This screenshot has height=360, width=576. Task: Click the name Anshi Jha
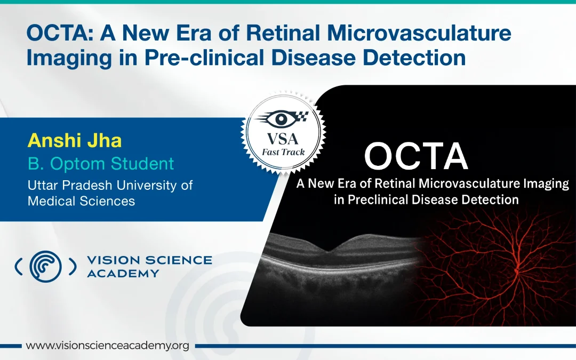[x=75, y=141]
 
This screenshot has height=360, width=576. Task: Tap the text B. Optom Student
[x=101, y=164]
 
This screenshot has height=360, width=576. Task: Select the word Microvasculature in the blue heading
[x=419, y=33]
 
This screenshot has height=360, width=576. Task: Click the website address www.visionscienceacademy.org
[x=107, y=346]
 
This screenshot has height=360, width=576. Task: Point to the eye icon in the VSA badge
[x=282, y=118]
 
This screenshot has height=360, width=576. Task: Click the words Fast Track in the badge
[x=283, y=152]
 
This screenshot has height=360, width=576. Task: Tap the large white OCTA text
[x=416, y=156]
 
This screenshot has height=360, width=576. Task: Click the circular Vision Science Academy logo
[x=45, y=267]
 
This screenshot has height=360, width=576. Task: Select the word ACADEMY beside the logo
[x=123, y=274]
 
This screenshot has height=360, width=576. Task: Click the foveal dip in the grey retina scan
[x=330, y=251]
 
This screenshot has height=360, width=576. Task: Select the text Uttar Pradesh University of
[x=110, y=185]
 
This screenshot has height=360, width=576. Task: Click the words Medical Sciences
[x=82, y=201]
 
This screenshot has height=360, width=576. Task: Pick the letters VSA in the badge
[x=283, y=139]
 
